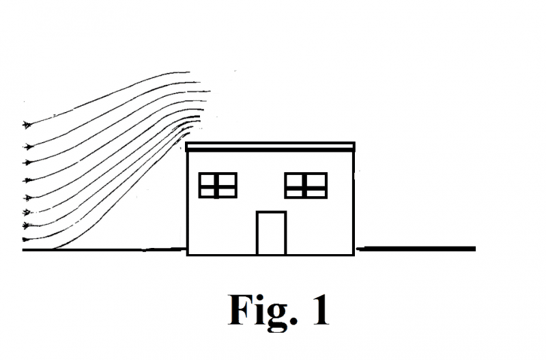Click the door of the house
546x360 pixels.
[x=271, y=233]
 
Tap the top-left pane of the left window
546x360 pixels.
[x=207, y=179]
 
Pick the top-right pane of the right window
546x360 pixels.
[x=316, y=179]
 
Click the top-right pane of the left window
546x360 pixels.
[x=227, y=179]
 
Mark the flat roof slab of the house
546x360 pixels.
[x=271, y=146]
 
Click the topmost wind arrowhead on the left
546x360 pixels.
[x=28, y=124]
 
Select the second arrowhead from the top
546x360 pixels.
[x=28, y=146]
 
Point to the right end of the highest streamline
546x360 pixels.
[x=189, y=71]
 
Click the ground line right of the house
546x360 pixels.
[x=416, y=249]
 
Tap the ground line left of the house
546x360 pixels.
[x=102, y=250]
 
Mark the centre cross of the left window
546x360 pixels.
[x=217, y=185]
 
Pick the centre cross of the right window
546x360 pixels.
[x=306, y=185]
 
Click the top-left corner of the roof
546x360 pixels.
[x=186, y=143]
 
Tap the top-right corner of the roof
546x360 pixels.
[x=355, y=143]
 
